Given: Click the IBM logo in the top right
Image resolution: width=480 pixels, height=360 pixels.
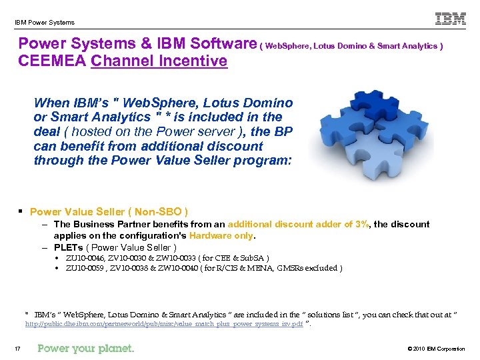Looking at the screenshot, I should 451,19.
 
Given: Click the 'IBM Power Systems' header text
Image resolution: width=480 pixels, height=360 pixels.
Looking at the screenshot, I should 45,23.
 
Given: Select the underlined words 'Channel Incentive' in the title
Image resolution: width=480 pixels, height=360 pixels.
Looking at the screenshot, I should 159,61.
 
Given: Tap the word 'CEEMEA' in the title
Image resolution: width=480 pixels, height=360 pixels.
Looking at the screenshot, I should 53,61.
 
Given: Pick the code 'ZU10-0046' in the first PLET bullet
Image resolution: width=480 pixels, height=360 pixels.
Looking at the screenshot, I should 83,257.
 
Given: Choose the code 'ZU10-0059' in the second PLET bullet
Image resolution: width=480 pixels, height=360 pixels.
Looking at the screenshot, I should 84,268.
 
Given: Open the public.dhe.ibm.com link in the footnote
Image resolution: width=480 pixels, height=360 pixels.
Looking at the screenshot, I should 164,323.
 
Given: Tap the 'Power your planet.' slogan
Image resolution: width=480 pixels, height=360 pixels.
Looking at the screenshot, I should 86,348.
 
